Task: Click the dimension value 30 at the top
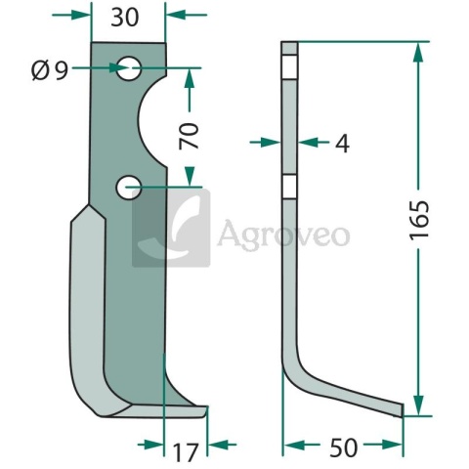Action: pyautogui.click(x=125, y=18)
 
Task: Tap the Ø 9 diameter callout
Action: pyautogui.click(x=50, y=71)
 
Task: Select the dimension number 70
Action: pyautogui.click(x=189, y=136)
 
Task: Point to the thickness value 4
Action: pyautogui.click(x=342, y=144)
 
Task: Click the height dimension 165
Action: pyautogui.click(x=419, y=221)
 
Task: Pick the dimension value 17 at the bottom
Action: pyautogui.click(x=186, y=452)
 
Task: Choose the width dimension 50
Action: pyautogui.click(x=343, y=448)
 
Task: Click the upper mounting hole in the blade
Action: pyautogui.click(x=129, y=68)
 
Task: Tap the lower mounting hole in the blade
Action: pyautogui.click(x=128, y=188)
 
